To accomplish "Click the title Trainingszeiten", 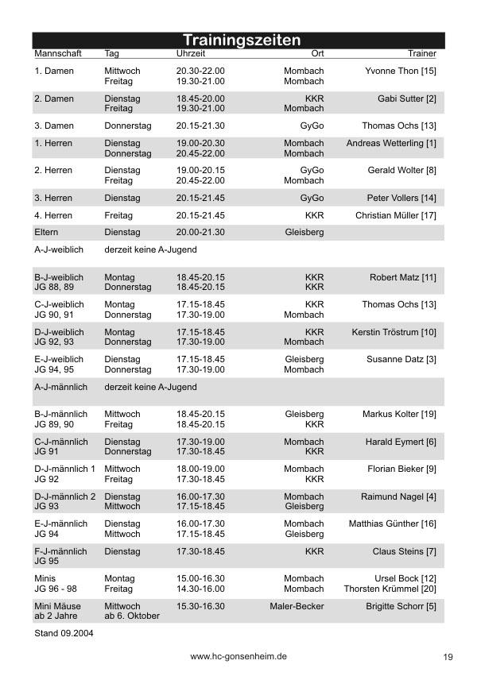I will tap(242, 40).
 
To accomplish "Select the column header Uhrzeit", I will tap(191, 53).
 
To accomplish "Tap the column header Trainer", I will tap(422, 53).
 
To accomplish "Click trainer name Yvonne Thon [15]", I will tap(401, 71).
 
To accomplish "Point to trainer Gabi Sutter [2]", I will tap(406, 99).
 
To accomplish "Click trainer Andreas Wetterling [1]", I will tap(391, 143).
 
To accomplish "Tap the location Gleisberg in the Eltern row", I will tap(304, 232).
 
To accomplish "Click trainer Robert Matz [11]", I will tap(402, 277).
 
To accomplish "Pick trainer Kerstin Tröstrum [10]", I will tap(394, 332).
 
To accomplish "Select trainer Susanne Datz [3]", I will tap(401, 359).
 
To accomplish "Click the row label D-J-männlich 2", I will tap(65, 496).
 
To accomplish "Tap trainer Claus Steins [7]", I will tap(404, 551).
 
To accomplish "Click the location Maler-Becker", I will tap(297, 605).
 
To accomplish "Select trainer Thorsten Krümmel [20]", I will tap(390, 589).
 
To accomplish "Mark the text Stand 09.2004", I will tap(64, 634).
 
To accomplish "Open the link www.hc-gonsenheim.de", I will tap(238, 657).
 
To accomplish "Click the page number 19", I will tap(448, 657).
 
